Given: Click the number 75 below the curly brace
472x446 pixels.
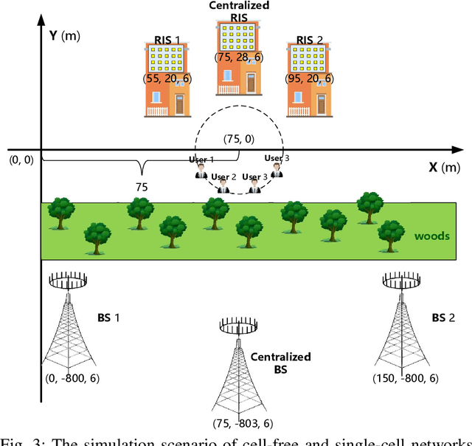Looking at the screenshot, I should click(x=140, y=188).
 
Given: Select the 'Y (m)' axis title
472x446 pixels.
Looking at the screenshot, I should click(x=69, y=34).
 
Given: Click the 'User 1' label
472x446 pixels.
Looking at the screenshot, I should click(x=201, y=159).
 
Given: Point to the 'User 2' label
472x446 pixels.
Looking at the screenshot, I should click(x=223, y=176).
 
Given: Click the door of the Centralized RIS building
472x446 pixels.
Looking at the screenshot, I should click(x=253, y=83).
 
